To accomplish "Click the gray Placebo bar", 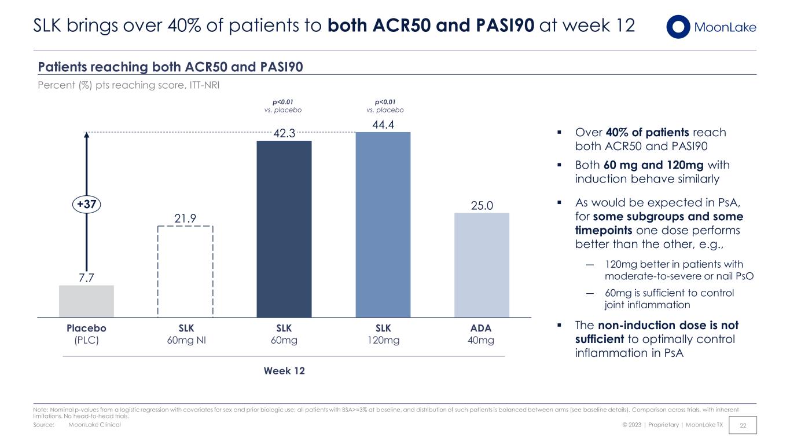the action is [x=86, y=301].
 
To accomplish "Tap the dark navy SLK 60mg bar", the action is [x=284, y=229].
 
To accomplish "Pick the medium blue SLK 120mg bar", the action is [x=383, y=225].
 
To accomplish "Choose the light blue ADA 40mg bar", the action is [x=482, y=265].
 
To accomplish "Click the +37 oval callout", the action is [x=86, y=204].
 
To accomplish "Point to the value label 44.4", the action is [x=383, y=125].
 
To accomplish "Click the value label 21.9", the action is [x=185, y=218].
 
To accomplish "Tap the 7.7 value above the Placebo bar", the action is [x=86, y=278].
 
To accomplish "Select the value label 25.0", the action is [x=482, y=206].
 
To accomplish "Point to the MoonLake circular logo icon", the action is [x=678, y=27].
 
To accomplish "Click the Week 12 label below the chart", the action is [x=284, y=371].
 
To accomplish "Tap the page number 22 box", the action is [x=743, y=425].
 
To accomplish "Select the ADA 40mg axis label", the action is [x=481, y=334].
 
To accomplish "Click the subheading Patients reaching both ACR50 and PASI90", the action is [x=170, y=67].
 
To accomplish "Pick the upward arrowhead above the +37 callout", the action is [x=86, y=134].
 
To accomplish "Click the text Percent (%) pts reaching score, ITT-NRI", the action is [x=128, y=85].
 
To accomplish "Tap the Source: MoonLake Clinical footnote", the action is [x=77, y=425].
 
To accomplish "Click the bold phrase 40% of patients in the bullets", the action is [x=647, y=133].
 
